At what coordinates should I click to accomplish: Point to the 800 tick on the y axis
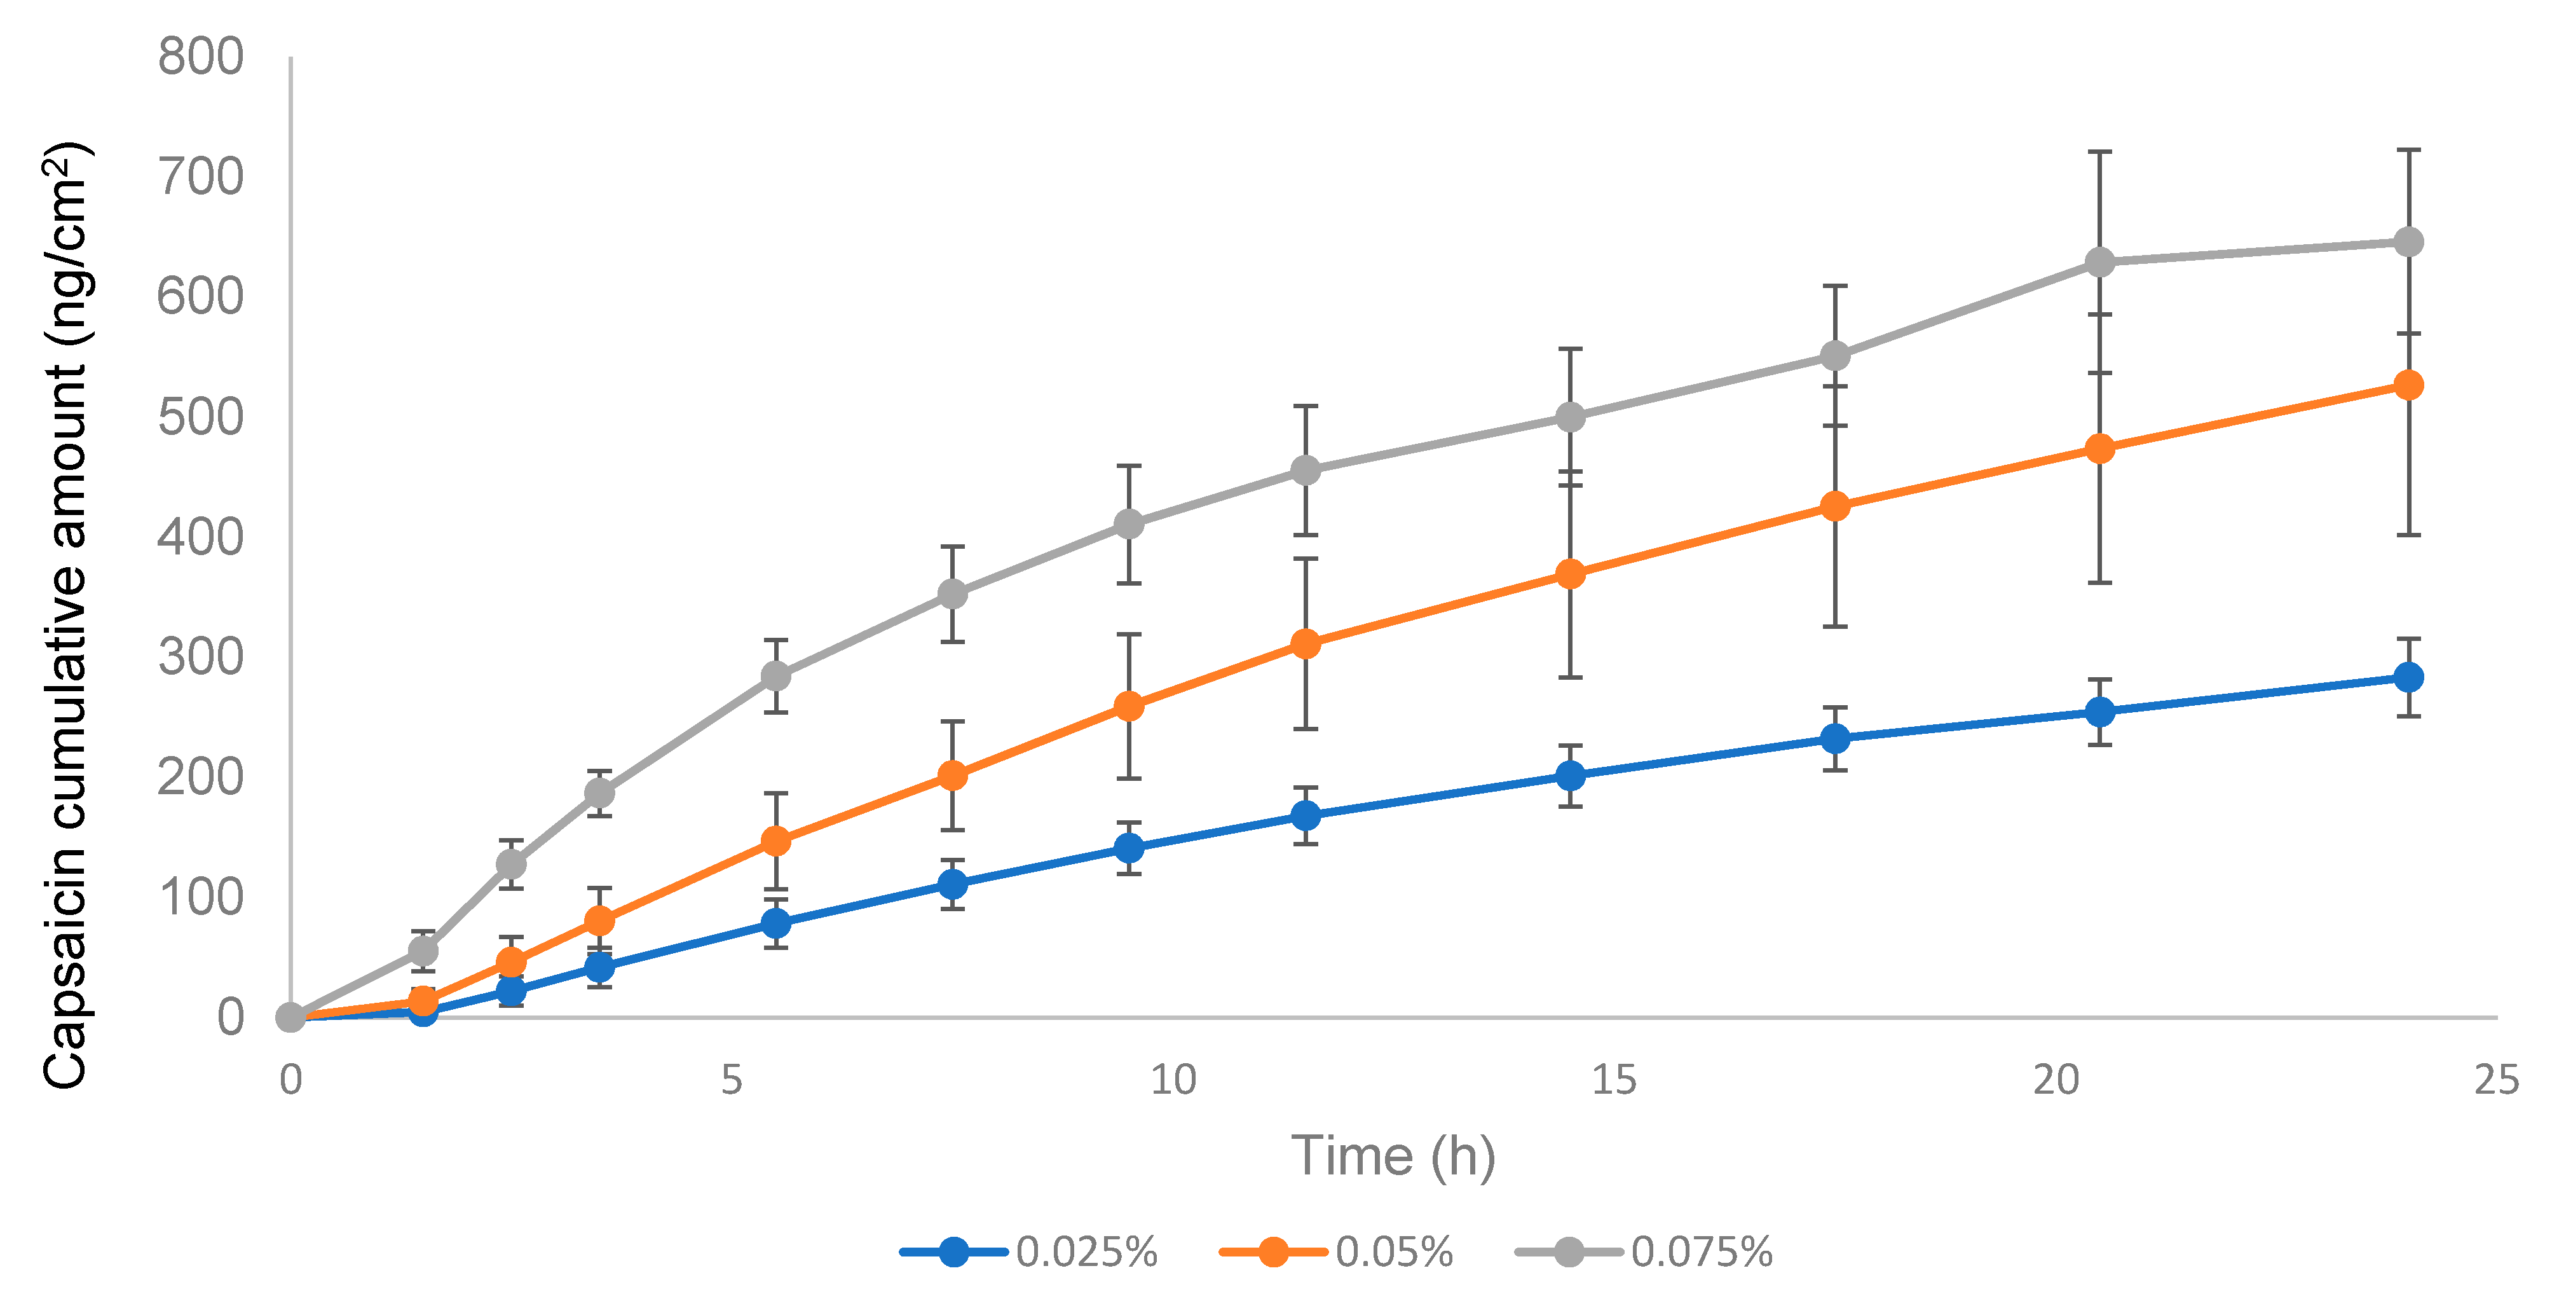point(201,57)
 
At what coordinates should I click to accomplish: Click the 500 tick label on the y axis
point(201,417)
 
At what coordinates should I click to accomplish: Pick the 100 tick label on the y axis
point(201,897)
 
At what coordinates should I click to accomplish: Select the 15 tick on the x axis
point(1614,1079)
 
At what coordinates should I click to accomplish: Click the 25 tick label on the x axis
point(2495,1079)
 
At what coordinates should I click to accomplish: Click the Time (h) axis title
point(1393,1155)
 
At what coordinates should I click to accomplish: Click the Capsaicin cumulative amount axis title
point(67,614)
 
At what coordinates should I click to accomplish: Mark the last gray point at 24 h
point(2407,242)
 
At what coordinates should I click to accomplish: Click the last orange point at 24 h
point(2407,385)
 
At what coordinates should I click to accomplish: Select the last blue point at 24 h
point(2407,677)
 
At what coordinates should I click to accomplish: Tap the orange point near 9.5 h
point(1128,705)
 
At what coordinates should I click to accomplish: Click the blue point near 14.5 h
point(1569,775)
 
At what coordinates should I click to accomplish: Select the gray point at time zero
point(290,1017)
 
